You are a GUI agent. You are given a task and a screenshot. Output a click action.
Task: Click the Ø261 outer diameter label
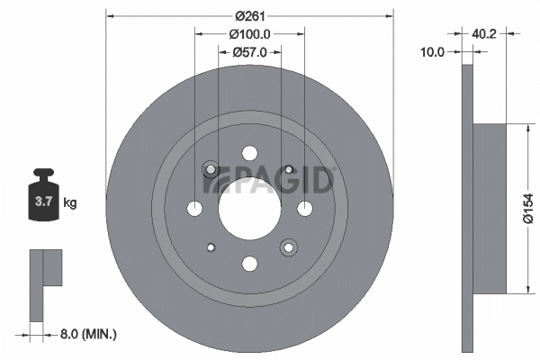pyautogui.click(x=250, y=15)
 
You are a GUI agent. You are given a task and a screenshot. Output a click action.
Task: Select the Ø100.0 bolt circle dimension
pyautogui.click(x=250, y=33)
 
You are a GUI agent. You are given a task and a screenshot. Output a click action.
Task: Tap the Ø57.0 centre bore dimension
pyautogui.click(x=250, y=52)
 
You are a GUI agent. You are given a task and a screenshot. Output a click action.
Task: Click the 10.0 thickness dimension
pyautogui.click(x=433, y=52)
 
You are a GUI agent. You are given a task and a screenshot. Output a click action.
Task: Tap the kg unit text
pyautogui.click(x=69, y=203)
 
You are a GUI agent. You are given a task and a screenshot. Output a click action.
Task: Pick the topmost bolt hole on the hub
pyautogui.click(x=250, y=153)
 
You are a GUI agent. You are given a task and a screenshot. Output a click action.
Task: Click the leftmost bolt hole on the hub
pyautogui.click(x=195, y=209)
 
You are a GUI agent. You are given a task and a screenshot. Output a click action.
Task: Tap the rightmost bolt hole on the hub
pyautogui.click(x=305, y=209)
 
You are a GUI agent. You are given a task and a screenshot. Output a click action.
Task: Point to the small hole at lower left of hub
pyautogui.click(x=211, y=247)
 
